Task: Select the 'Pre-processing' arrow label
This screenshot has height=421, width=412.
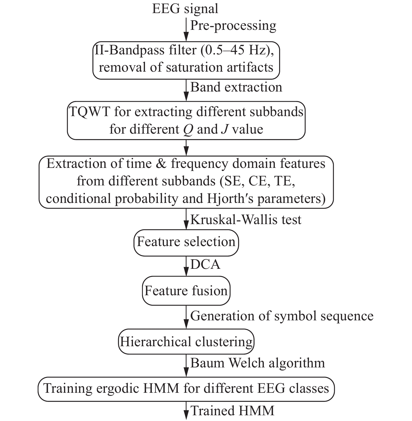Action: [233, 26]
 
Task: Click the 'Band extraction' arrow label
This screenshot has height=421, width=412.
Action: [236, 87]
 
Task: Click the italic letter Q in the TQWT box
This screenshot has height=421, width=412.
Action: [188, 130]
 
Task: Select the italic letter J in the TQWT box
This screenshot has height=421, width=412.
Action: [224, 129]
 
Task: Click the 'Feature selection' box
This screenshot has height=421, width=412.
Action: [186, 242]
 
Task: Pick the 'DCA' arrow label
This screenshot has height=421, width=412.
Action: [205, 265]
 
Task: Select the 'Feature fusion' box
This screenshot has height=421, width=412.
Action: [186, 291]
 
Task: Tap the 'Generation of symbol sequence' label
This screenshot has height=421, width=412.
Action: [282, 316]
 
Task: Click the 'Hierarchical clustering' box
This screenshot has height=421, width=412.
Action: [186, 342]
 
